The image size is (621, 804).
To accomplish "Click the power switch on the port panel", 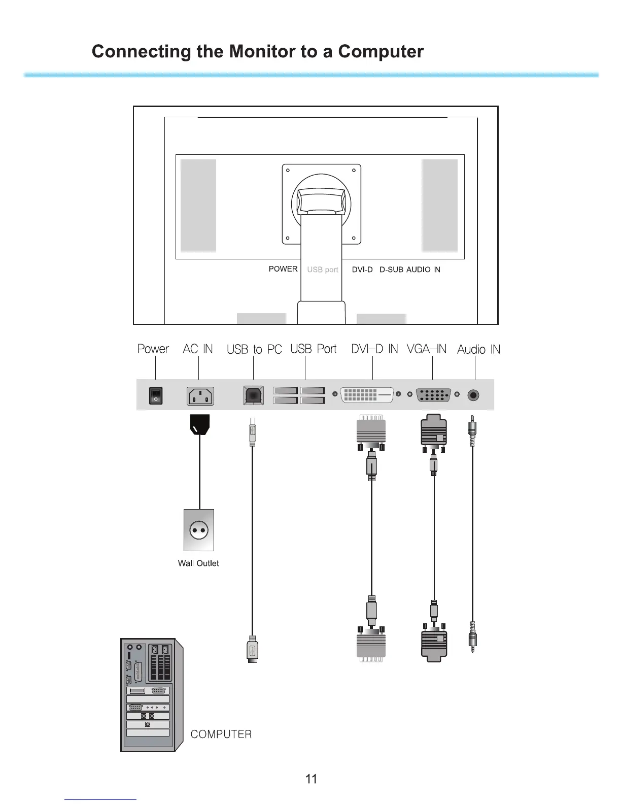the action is [156, 395].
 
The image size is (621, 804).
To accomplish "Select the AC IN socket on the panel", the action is [200, 396].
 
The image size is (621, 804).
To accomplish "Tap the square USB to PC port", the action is [253, 395].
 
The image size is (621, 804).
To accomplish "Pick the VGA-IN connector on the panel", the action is [433, 394].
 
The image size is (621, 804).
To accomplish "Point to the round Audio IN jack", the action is [474, 395].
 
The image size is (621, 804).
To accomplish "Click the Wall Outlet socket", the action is [198, 530].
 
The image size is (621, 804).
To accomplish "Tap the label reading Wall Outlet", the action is [198, 563].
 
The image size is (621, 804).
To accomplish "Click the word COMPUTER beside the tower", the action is [221, 734].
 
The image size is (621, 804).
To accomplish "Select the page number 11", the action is [311, 779].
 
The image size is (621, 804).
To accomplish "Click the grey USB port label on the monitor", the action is [323, 270].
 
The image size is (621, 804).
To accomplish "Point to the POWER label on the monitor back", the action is [283, 269].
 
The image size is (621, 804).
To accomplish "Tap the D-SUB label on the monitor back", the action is [391, 270].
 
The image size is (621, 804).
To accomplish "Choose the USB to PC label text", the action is [254, 349].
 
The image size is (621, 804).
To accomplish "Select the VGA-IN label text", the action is [427, 349].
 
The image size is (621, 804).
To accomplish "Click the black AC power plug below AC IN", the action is [199, 425].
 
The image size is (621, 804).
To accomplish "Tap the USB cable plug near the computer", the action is [252, 650].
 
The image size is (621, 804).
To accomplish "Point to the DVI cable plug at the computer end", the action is [371, 642].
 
